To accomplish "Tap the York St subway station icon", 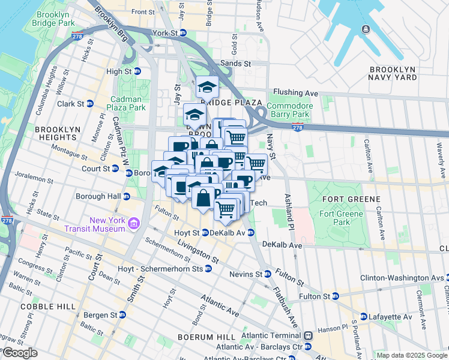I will tap(184, 33).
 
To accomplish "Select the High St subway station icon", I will tap(137, 71).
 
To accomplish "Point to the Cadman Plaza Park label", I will tap(126, 103).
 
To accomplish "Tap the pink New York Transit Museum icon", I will tap(133, 225).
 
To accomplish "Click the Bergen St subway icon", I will tap(122, 314).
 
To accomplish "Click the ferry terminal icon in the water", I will tap(366, 29).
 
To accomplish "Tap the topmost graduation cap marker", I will tap(207, 87).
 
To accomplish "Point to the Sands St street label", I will tap(238, 63).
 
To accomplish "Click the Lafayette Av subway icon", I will tap(364, 317).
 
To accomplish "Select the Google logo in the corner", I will tap(19, 353).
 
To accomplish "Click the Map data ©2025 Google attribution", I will tap(411, 355).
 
